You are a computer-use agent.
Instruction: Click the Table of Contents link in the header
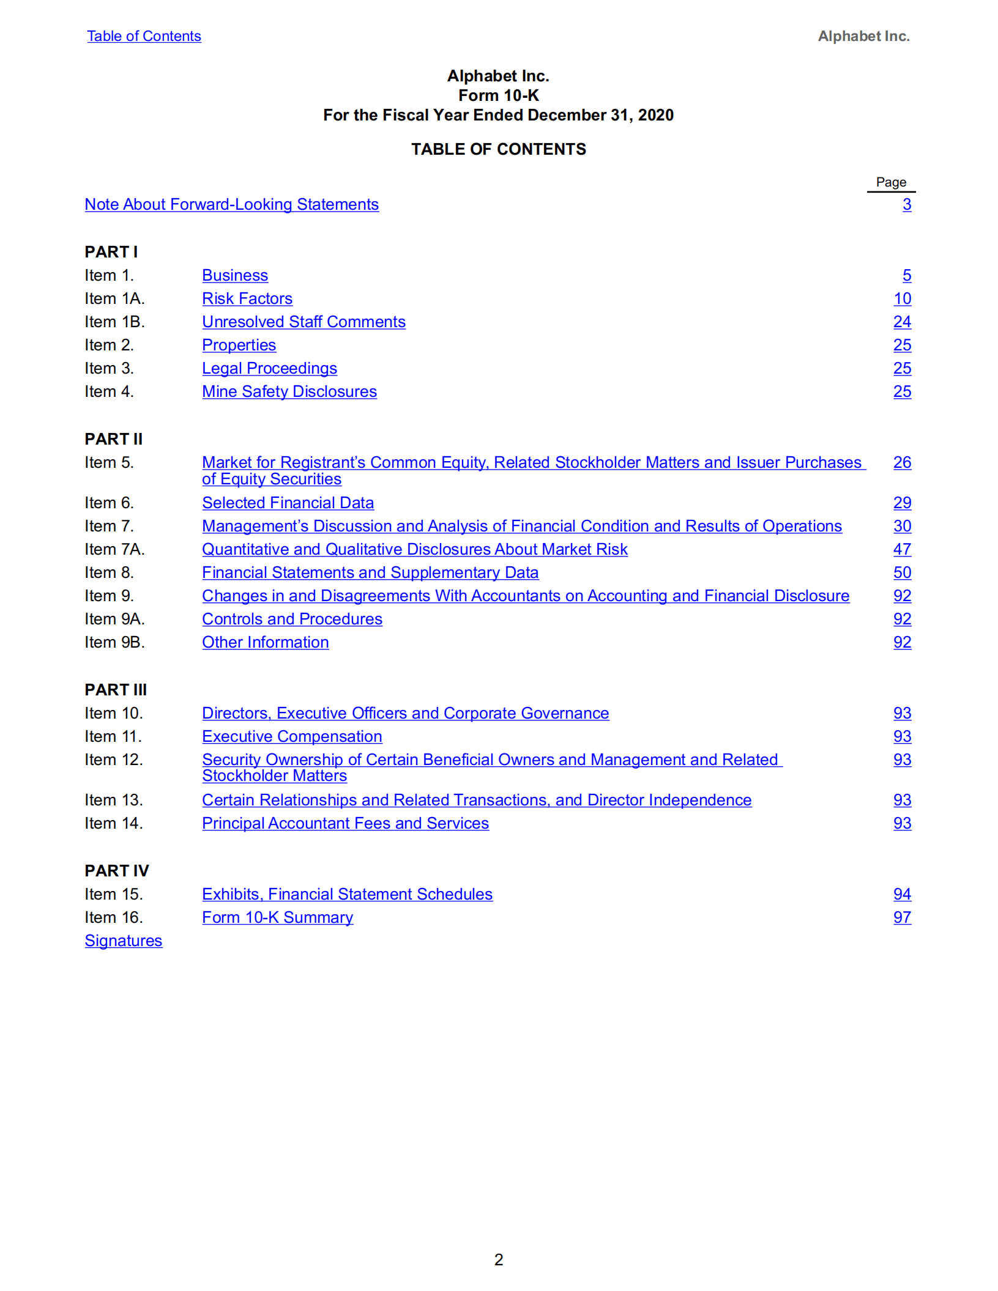click(x=144, y=36)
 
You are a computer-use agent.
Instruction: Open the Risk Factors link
click(x=247, y=298)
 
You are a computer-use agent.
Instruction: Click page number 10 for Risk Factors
click(x=901, y=298)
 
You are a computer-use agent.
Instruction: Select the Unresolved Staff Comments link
click(x=303, y=322)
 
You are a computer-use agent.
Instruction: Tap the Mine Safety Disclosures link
click(x=289, y=391)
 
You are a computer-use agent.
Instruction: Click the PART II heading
click(x=113, y=439)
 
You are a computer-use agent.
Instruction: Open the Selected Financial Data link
click(x=288, y=503)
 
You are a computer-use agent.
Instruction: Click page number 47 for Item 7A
click(x=901, y=549)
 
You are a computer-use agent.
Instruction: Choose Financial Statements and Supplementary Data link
click(x=370, y=572)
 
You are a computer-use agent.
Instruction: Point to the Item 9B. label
click(x=114, y=642)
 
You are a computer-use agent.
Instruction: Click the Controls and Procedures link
click(x=292, y=619)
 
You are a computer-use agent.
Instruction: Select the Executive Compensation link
click(x=292, y=736)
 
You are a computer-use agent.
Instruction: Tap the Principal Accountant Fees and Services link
click(x=345, y=823)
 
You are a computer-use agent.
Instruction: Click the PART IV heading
click(x=116, y=871)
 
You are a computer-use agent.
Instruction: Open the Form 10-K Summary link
click(x=277, y=917)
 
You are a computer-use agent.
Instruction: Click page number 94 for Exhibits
click(x=901, y=894)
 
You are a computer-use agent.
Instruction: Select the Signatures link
click(x=123, y=941)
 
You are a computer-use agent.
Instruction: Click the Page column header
click(x=890, y=182)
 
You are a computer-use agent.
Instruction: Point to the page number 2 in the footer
click(x=499, y=1259)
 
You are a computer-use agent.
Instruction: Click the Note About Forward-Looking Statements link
click(x=231, y=204)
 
